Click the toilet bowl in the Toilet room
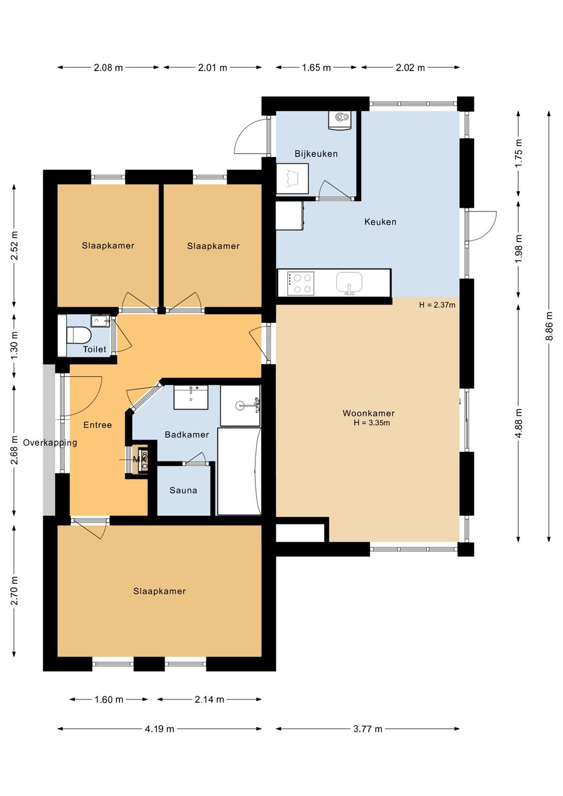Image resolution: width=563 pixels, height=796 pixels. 79,335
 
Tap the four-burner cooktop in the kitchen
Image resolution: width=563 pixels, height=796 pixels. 300,283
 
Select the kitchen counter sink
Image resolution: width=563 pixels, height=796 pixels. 349,284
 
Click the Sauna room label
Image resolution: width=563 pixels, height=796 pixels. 183,490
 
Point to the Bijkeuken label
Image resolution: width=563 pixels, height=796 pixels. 316,154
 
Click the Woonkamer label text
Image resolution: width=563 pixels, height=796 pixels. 369,413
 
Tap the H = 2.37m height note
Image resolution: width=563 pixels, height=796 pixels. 437,305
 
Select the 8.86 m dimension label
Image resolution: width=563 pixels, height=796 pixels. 549,326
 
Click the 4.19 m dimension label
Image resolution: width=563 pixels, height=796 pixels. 160,729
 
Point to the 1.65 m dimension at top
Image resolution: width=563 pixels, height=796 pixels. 316,67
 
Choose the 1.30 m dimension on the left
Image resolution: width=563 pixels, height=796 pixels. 14,345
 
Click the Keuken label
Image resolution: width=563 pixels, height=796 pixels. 380,222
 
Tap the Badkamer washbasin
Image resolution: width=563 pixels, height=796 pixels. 191,397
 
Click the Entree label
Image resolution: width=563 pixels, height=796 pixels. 97,425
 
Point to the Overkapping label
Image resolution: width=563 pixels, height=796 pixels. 50,443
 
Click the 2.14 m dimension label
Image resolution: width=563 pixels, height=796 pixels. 209,699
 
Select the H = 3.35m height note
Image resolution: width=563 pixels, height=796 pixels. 372,423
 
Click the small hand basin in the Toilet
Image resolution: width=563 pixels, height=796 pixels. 100,320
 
